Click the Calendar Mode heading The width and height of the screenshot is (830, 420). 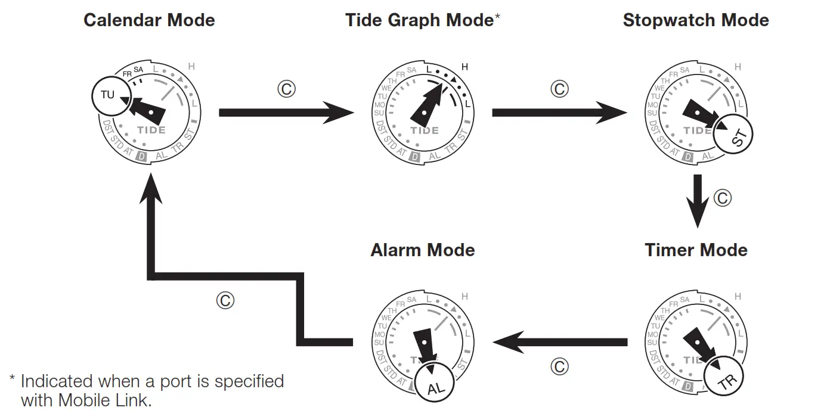coord(149,20)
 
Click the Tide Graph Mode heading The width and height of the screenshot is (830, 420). coord(419,20)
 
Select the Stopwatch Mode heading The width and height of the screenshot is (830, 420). coord(696,20)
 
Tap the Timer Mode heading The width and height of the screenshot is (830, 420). coord(696,250)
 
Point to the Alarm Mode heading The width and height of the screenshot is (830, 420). coord(423,250)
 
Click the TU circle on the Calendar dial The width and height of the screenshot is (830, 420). coord(108,95)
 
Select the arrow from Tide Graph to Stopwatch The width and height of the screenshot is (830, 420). coord(552,113)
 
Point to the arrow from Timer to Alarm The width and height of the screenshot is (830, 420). coord(559,342)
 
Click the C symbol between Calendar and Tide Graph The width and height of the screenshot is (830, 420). coord(287,89)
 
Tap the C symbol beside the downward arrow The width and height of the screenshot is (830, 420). coord(722,198)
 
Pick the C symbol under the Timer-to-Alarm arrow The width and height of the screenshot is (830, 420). coord(559,366)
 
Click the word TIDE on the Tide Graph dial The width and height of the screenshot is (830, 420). coord(425,130)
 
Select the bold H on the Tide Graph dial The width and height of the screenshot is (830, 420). coord(464,67)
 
